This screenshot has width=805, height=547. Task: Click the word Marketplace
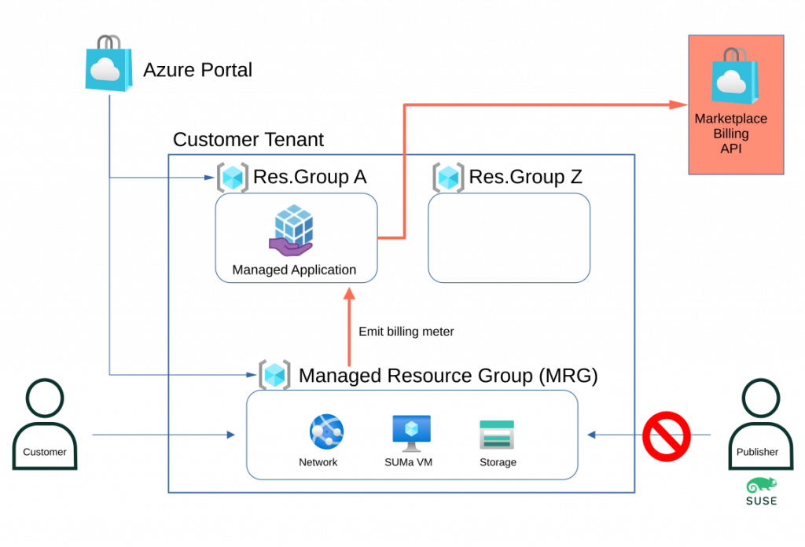[730, 119]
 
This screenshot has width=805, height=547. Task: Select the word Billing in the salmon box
[730, 134]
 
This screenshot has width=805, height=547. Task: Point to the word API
[730, 149]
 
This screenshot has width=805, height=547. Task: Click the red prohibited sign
[666, 435]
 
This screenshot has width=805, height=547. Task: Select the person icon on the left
[45, 424]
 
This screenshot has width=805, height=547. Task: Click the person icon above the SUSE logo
[761, 424]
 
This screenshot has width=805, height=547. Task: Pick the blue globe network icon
[326, 431]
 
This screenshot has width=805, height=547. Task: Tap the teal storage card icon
[497, 434]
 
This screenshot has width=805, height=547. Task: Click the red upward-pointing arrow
[349, 326]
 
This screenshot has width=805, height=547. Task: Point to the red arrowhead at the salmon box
[678, 105]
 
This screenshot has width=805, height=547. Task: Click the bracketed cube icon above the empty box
[448, 178]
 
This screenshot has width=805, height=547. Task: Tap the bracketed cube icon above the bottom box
[274, 375]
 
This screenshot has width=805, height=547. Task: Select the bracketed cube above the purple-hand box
[233, 178]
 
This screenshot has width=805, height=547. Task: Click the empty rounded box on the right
[509, 237]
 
